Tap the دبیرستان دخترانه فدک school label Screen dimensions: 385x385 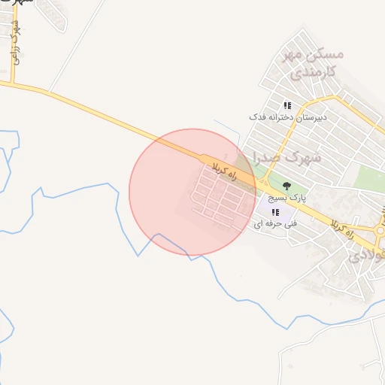[286, 118]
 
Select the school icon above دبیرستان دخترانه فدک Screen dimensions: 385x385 [286, 105]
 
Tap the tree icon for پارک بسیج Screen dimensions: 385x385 [285, 184]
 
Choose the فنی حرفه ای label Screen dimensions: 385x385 [275, 224]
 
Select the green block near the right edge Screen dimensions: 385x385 [368, 179]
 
